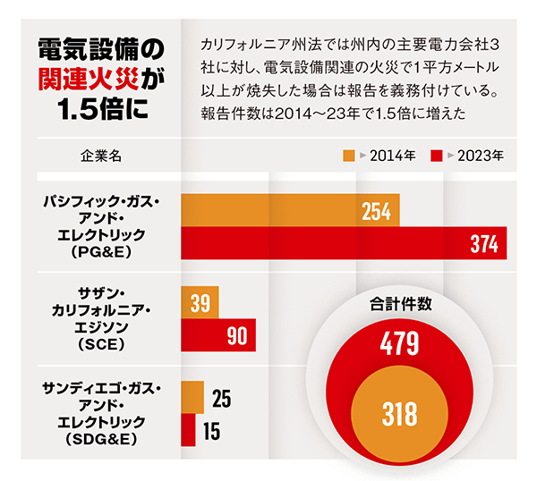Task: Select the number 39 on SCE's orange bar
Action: point(200,303)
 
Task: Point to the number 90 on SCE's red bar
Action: point(237,336)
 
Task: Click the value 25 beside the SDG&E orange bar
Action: point(222,398)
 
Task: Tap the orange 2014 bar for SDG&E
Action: point(192,398)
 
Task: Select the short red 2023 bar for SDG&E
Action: point(188,430)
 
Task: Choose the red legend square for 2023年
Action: point(436,155)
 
